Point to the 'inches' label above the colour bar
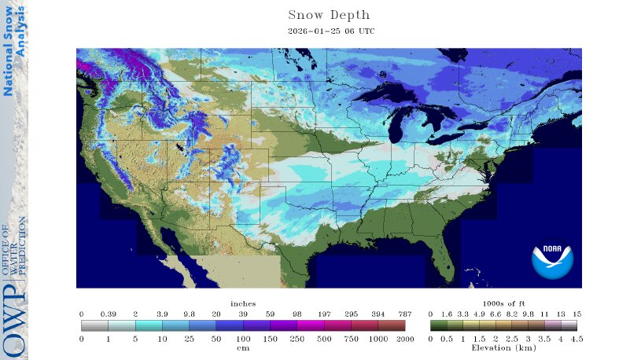243,303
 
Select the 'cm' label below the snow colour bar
243,347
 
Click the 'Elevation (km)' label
503,347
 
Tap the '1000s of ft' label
503,303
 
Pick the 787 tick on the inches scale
404,314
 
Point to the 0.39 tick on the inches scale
108,314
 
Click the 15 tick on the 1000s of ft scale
577,314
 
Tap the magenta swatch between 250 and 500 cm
310,325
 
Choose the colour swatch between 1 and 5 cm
121,325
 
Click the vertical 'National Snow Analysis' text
14,51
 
